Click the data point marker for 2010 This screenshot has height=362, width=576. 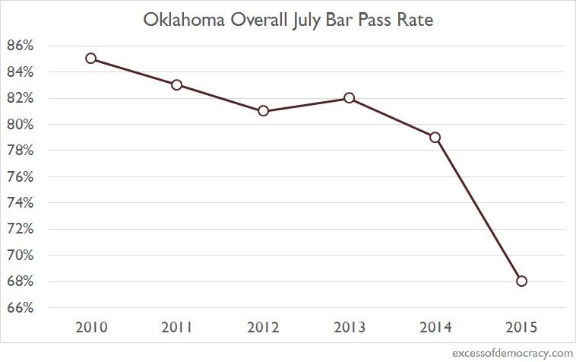pyautogui.click(x=90, y=59)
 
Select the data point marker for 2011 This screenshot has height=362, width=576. pyautogui.click(x=176, y=84)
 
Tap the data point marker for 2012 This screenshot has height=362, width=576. pyautogui.click(x=263, y=111)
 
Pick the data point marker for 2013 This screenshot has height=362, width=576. pyautogui.click(x=349, y=98)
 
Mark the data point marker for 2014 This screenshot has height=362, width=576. pyautogui.click(x=435, y=138)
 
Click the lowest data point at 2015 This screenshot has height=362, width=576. pyautogui.click(x=521, y=281)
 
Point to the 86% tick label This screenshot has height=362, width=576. pyautogui.click(x=21, y=46)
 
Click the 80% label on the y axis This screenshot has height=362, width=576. pyautogui.click(x=21, y=125)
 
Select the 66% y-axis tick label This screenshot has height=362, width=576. pyautogui.click(x=21, y=308)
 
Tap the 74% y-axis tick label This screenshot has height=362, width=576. pyautogui.click(x=21, y=203)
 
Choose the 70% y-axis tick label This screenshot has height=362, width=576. pyautogui.click(x=21, y=256)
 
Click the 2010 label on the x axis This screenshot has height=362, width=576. pyautogui.click(x=90, y=328)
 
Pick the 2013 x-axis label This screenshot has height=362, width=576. pyautogui.click(x=349, y=328)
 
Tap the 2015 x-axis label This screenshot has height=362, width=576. pyautogui.click(x=521, y=328)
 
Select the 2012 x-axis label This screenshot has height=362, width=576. pyautogui.click(x=263, y=328)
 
